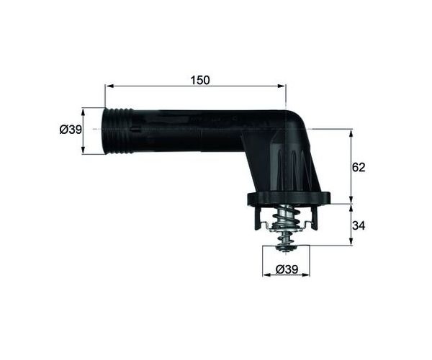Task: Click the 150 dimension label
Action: (x=200, y=80)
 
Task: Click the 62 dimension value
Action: (x=359, y=167)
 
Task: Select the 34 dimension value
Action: (x=359, y=225)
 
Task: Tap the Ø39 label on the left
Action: (x=71, y=129)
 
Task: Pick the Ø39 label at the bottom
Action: (x=287, y=269)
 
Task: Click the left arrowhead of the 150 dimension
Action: (x=109, y=86)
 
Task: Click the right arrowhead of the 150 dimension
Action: (x=282, y=86)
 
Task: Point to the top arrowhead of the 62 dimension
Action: (x=351, y=133)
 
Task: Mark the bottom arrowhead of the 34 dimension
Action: (x=351, y=240)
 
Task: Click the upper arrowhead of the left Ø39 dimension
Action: (x=83, y=112)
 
